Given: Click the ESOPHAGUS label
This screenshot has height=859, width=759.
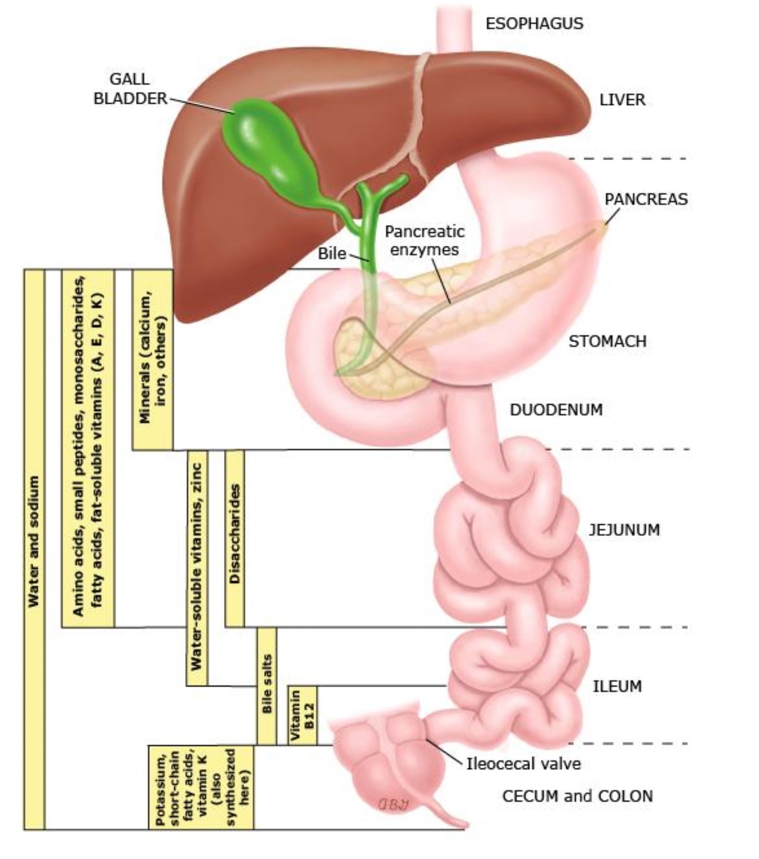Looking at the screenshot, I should coord(534,23).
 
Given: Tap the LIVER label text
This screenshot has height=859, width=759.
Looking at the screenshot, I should coord(622,100).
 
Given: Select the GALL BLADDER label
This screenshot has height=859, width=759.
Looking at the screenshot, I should coord(130,89).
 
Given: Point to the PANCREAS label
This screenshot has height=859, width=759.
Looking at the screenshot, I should coord(646,199).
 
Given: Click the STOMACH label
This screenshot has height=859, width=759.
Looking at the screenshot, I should coord(607,341).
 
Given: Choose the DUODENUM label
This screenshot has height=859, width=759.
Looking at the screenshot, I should coord(556,410).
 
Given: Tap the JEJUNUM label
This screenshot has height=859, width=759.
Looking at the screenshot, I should coord(624,530).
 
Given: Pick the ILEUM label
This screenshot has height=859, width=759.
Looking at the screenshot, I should coord(617,686).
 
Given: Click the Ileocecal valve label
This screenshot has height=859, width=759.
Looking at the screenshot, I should coord(523,763).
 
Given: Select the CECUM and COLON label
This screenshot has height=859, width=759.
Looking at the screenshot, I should coord(577,796).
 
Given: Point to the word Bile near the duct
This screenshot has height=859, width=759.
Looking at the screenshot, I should coord(332,253).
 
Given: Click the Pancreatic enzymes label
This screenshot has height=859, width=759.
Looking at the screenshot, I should coord(424,240).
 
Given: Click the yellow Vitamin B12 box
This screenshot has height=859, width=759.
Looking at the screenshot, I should coord(302,715).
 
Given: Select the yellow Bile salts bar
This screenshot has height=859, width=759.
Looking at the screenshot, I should coord(267,685).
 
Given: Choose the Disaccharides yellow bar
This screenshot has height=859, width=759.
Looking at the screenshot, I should coord(234,538).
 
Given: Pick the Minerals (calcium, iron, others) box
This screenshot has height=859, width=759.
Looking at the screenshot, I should coord(152,360).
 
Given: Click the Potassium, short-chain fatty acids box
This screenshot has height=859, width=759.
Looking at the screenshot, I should coord(200,787).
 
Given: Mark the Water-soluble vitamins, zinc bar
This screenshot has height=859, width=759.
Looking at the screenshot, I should coord(197,567).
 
